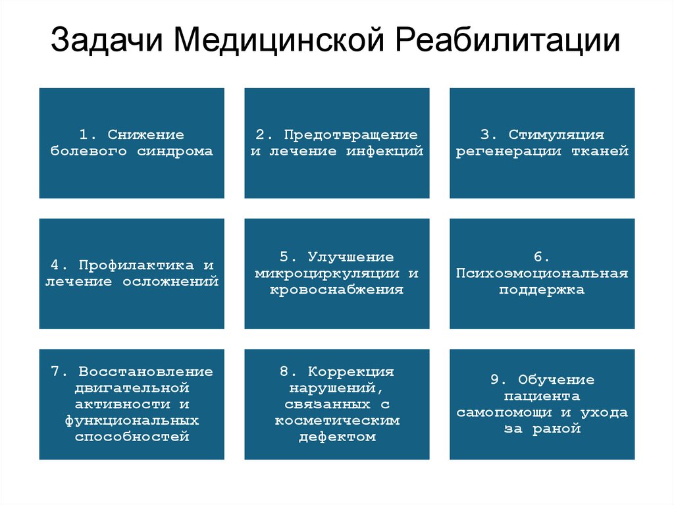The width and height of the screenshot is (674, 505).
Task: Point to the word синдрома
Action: (175, 151)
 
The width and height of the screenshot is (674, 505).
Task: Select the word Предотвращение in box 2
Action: (351, 135)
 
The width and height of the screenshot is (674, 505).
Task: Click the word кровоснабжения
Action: (336, 290)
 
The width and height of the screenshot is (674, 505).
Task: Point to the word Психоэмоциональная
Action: (542, 273)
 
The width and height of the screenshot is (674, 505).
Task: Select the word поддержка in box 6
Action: (542, 290)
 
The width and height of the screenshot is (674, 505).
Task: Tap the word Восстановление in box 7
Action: (145, 371)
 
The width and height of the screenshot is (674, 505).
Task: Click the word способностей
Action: (132, 437)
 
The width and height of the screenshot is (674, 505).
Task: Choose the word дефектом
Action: (337, 437)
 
